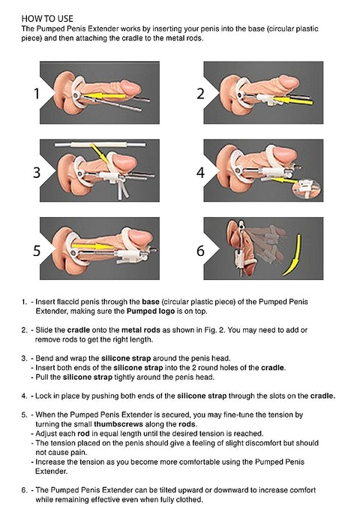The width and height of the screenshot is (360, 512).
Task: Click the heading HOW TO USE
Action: click(x=46, y=15)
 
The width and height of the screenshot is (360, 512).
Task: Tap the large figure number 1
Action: click(x=35, y=95)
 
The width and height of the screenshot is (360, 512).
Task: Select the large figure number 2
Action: click(x=200, y=94)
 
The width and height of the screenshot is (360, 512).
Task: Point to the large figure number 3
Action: click(x=35, y=173)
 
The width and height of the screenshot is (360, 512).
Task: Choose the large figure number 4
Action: click(x=200, y=172)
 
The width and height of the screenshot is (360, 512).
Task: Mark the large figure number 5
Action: click(x=35, y=250)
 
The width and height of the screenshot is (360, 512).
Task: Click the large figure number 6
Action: click(x=200, y=251)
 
